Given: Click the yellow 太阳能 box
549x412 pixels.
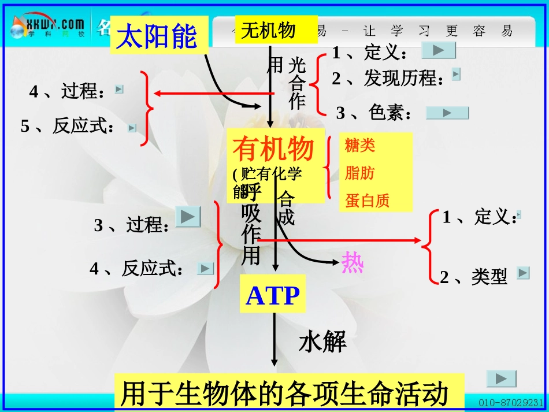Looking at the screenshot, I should click(x=158, y=36).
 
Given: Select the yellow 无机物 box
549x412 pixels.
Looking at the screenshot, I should click(x=276, y=30).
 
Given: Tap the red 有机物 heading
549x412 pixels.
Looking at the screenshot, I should click(x=273, y=149).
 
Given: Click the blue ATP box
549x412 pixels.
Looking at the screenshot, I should click(x=273, y=295).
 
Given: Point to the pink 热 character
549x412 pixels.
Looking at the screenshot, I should click(x=352, y=262).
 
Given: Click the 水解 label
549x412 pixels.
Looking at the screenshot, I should click(x=322, y=342).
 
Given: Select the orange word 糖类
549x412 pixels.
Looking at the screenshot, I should click(x=360, y=146).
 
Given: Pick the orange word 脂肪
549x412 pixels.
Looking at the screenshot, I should click(x=359, y=173).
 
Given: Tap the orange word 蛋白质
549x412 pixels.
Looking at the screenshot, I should click(x=368, y=201).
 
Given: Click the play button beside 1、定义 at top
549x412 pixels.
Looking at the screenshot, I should click(x=439, y=51).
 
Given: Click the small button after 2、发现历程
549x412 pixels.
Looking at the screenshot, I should click(x=456, y=74).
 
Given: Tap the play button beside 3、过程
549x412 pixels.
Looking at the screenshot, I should click(x=188, y=217).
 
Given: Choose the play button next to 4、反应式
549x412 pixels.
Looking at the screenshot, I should click(x=206, y=268).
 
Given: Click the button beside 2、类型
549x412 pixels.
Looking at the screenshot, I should click(x=523, y=273).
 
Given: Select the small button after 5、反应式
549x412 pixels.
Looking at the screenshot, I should click(x=132, y=128).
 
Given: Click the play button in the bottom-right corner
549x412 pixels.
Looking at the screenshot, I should click(x=501, y=378).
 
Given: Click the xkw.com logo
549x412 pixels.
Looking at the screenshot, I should click(x=49, y=27).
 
